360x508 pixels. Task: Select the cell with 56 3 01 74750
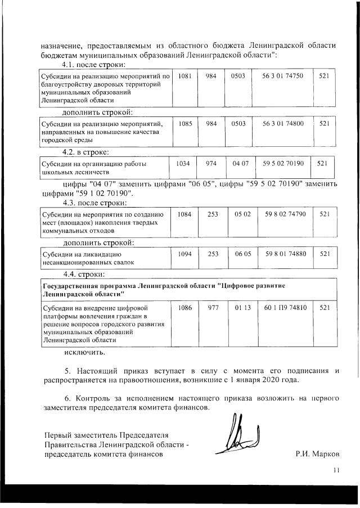click(282, 76)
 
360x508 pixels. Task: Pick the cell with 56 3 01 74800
click(282, 123)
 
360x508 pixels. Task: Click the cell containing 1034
click(183, 163)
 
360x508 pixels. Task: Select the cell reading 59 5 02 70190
click(283, 163)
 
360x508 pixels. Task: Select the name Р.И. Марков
click(318, 454)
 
